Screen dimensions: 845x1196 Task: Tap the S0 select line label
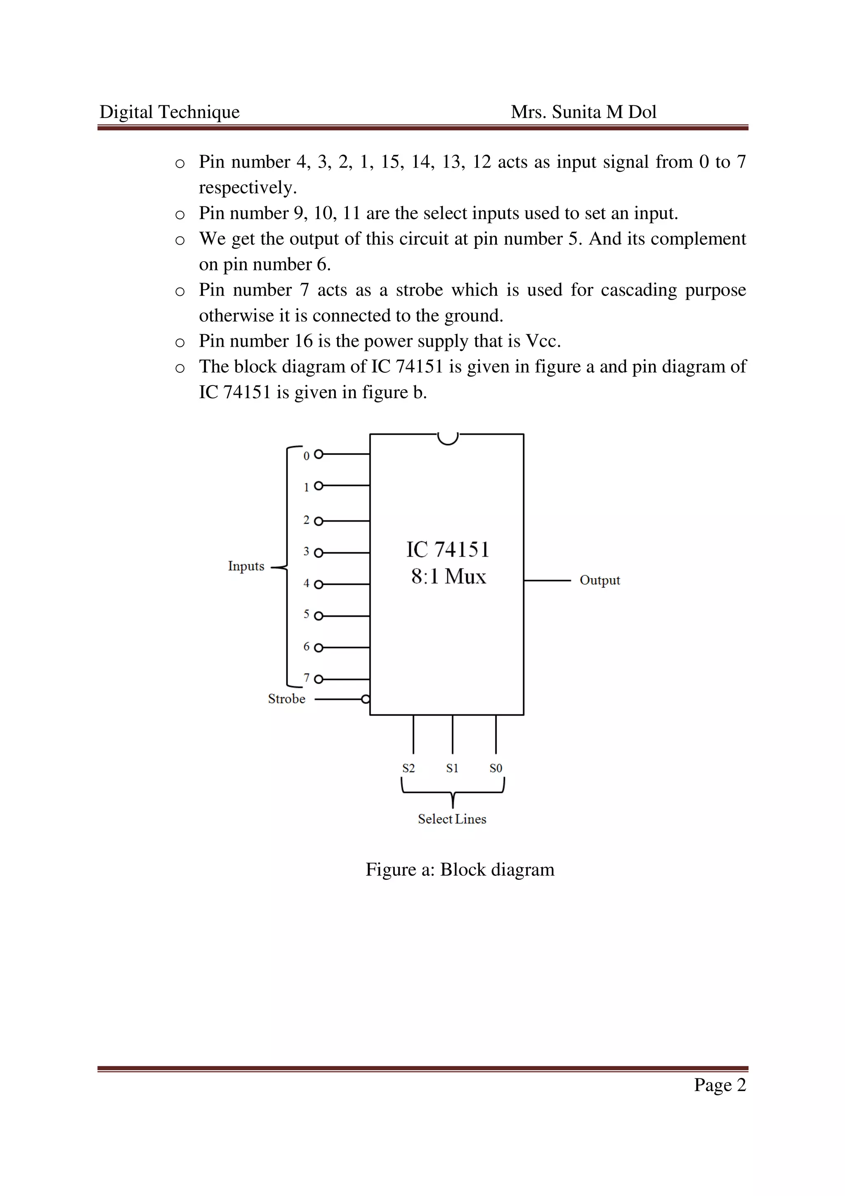[496, 768]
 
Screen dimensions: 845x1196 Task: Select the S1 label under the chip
[452, 768]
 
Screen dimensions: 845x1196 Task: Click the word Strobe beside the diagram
[286, 699]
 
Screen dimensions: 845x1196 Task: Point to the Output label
[600, 580]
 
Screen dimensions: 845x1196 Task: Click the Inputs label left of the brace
[246, 566]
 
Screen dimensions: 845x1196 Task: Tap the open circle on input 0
[319, 454]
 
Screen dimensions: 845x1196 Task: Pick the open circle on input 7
[319, 679]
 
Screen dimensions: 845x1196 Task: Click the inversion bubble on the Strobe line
[366, 699]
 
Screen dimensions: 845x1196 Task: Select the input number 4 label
[307, 584]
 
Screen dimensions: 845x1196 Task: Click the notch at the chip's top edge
[448, 439]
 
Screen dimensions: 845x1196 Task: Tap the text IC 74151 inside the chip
[448, 550]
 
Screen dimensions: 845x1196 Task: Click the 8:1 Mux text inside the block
[448, 577]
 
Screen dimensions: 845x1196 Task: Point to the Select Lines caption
[452, 819]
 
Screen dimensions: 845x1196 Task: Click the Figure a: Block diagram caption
[460, 870]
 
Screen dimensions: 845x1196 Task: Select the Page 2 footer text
[720, 1085]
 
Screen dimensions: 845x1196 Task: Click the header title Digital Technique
[169, 112]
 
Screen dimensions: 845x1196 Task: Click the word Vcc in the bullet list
[542, 341]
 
